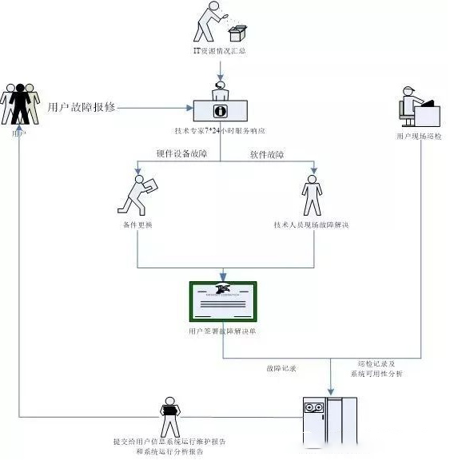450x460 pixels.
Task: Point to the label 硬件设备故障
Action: click(x=182, y=153)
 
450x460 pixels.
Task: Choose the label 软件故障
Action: click(x=267, y=153)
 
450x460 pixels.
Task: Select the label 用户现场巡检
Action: click(x=417, y=137)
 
